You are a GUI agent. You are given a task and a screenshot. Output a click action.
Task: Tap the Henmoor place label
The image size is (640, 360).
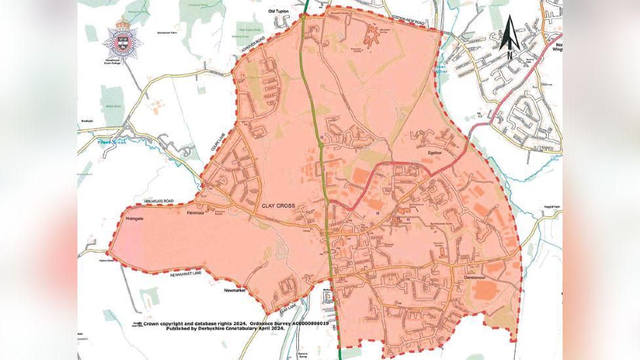tap(196, 213)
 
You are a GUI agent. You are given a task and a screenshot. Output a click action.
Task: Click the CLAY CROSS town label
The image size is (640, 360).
tap(280, 206)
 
